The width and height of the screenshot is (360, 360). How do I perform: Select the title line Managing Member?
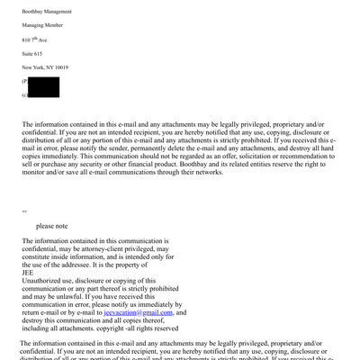(x=43, y=25)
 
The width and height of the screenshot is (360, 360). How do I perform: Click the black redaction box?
(x=43, y=87)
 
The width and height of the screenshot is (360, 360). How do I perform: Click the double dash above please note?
(x=24, y=212)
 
